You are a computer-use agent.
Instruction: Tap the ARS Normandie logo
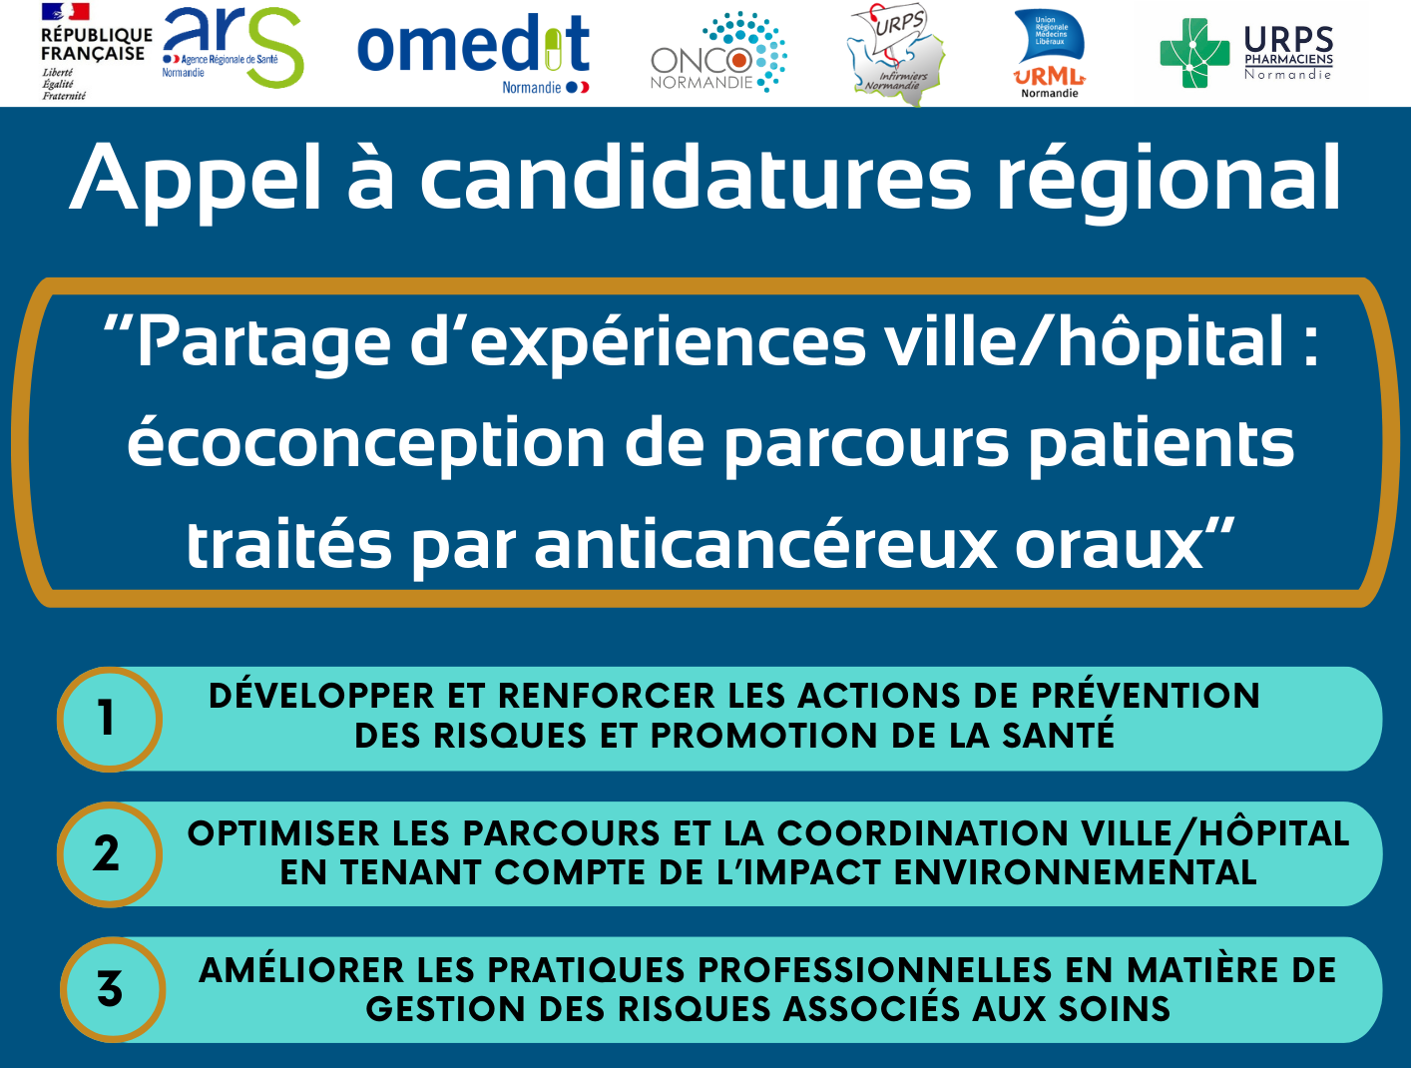tap(233, 47)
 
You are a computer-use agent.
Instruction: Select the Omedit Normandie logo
tap(474, 53)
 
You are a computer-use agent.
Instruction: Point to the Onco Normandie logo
tap(718, 53)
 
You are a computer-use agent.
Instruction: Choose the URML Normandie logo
tap(1050, 54)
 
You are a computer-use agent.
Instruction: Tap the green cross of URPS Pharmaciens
tap(1195, 53)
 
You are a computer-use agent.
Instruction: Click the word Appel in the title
tap(195, 180)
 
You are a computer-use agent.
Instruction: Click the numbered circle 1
tap(110, 720)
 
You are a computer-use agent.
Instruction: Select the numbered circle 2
tap(110, 854)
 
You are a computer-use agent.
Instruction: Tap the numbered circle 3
tap(113, 989)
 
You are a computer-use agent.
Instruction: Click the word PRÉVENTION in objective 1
tap(1147, 695)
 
